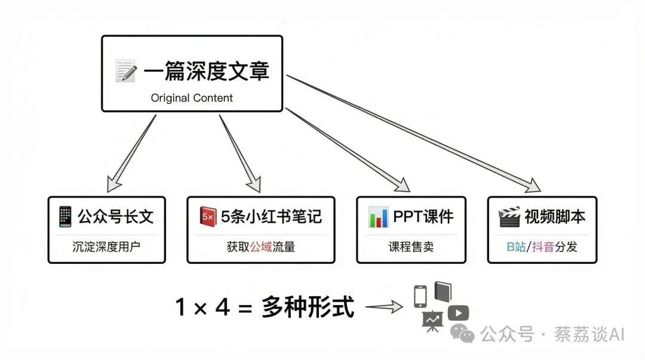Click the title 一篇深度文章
tap(207, 71)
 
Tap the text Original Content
tap(192, 98)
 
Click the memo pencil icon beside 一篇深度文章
tap(126, 71)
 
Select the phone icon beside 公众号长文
tap(64, 216)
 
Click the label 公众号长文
tap(115, 216)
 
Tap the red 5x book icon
tap(208, 216)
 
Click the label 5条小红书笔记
tap(271, 216)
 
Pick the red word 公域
tap(260, 246)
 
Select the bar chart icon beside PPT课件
tap(378, 216)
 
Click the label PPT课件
tap(422, 216)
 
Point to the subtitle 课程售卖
tap(411, 246)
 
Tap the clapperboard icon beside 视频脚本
tap(509, 216)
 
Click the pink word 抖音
tap(542, 246)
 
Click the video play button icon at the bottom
tap(458, 313)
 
